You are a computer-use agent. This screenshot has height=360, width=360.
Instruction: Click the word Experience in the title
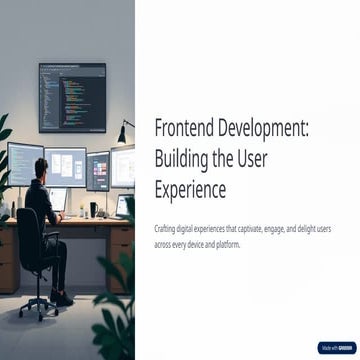click(x=190, y=188)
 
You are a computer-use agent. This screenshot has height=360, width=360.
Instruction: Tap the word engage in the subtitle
click(x=284, y=229)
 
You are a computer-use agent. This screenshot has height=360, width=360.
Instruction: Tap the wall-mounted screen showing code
click(x=72, y=96)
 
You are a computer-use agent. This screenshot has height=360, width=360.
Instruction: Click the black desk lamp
click(x=124, y=131)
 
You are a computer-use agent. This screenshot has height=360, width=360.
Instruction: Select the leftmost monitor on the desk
click(x=25, y=163)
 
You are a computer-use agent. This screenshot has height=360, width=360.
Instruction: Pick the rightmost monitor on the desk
click(x=122, y=165)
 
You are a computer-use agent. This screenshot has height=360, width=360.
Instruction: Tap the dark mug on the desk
click(x=93, y=209)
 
